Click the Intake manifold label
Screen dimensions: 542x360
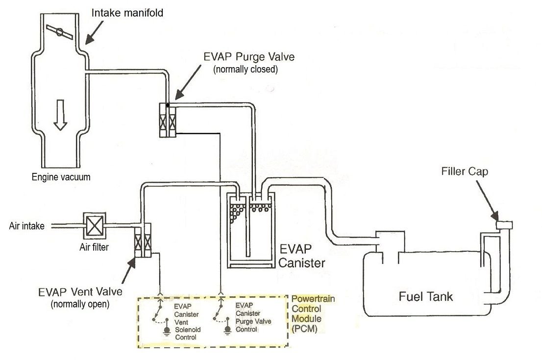click(x=127, y=13)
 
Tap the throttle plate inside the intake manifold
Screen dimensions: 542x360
click(x=59, y=32)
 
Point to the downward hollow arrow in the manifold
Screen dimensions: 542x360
click(x=60, y=115)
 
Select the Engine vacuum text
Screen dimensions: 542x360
click(x=61, y=177)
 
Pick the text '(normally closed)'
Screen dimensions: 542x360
click(x=246, y=69)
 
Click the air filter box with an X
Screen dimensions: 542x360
click(x=95, y=226)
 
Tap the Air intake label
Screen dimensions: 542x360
click(x=26, y=226)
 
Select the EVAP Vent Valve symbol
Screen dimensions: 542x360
click(x=143, y=240)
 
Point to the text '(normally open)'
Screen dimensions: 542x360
click(x=80, y=304)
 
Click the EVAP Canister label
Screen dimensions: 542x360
click(x=301, y=256)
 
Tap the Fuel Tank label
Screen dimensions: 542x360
click(x=425, y=296)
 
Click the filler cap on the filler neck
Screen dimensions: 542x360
click(x=504, y=225)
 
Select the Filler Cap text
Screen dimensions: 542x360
click(x=465, y=171)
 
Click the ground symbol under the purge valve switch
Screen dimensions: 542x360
click(x=227, y=331)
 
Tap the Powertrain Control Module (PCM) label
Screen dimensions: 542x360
click(x=313, y=313)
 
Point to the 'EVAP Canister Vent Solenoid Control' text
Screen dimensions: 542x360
click(x=187, y=322)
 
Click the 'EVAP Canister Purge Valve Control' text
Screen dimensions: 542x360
click(x=253, y=317)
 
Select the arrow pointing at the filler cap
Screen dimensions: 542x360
click(x=488, y=200)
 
